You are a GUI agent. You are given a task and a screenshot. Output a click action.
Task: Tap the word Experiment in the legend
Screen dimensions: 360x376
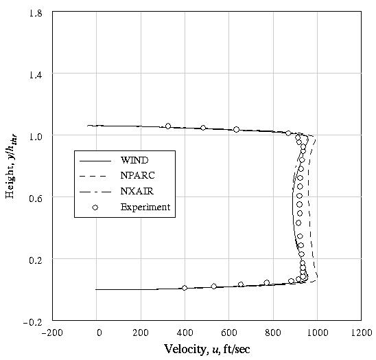click(x=145, y=207)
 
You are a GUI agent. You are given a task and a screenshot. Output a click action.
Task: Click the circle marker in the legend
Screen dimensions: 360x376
click(x=96, y=207)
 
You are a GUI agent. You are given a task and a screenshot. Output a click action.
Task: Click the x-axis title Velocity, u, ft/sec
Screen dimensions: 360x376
click(x=207, y=349)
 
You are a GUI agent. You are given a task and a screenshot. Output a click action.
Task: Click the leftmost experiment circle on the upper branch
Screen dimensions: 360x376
click(x=168, y=126)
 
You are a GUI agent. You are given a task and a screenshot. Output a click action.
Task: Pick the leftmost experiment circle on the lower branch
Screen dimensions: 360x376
click(x=185, y=288)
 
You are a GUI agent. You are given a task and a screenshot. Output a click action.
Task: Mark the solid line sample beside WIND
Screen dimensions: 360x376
click(x=95, y=160)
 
